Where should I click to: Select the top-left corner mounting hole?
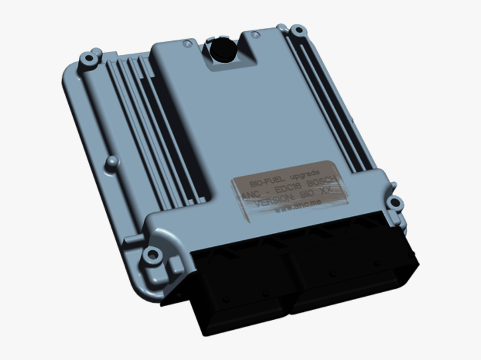[x=88, y=58]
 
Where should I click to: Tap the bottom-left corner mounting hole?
[x=151, y=255]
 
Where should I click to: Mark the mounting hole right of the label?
[x=395, y=203]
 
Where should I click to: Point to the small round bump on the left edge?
[x=112, y=162]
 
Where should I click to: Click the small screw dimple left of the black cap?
[x=188, y=43]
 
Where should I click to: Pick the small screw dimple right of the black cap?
[x=255, y=35]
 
